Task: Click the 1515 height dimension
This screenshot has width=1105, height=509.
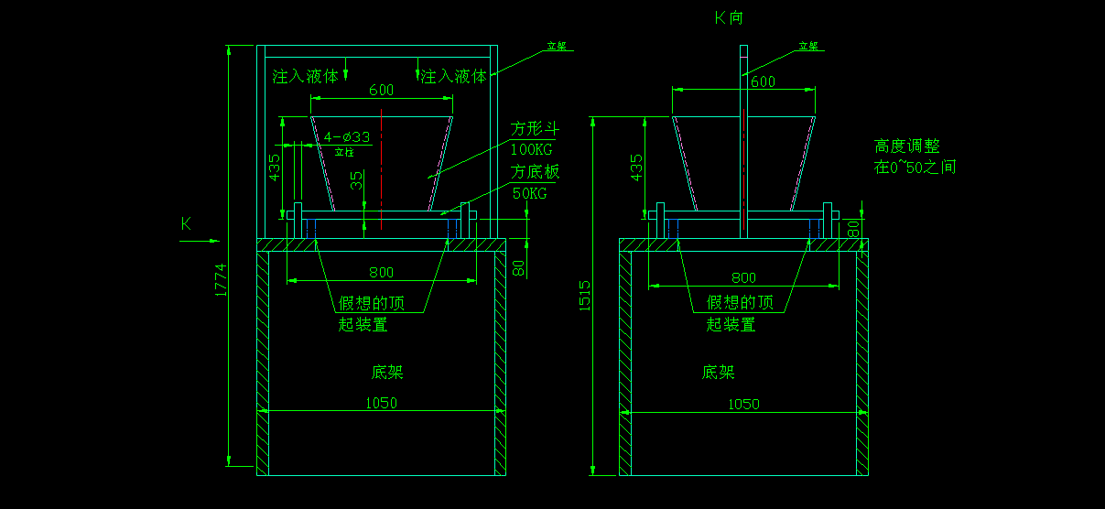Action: point(586,295)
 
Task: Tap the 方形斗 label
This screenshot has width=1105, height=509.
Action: point(535,128)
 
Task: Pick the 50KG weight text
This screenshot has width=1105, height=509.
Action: point(530,193)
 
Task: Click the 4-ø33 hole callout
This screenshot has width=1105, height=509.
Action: point(347,137)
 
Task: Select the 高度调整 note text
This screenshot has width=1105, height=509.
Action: point(907,146)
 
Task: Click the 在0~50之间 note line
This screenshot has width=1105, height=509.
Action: point(915,168)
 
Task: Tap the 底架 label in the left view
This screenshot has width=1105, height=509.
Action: point(386,373)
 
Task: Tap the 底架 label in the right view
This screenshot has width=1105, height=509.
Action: point(719,373)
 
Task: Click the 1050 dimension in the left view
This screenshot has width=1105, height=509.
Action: point(382,403)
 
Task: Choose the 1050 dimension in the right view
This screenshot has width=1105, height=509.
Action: point(743,404)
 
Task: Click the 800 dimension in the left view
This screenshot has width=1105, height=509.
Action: point(381,272)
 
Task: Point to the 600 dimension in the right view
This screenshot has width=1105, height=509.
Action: point(763,81)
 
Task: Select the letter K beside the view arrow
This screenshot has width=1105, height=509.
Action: point(186,222)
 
